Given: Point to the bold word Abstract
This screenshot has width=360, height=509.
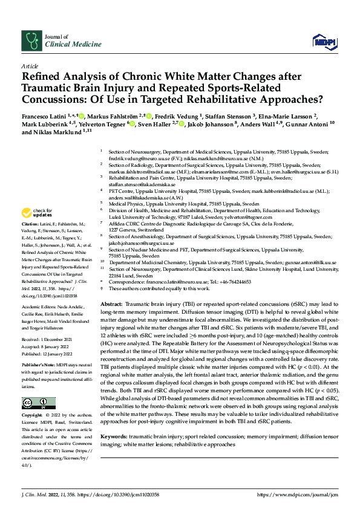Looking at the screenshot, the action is click(x=111, y=302).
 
